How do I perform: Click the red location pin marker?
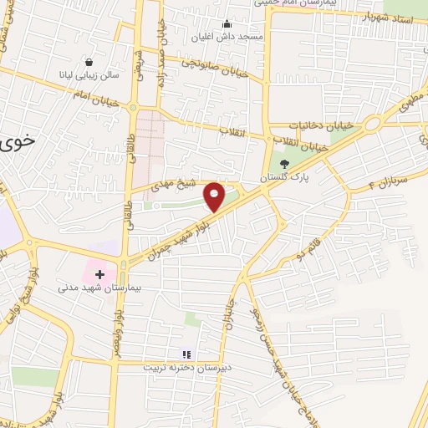click(x=215, y=196)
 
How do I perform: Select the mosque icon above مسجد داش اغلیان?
click(x=228, y=23)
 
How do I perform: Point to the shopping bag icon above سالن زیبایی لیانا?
click(x=89, y=61)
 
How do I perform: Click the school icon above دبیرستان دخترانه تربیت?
click(x=186, y=354)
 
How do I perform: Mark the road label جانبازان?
click(x=232, y=311)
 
